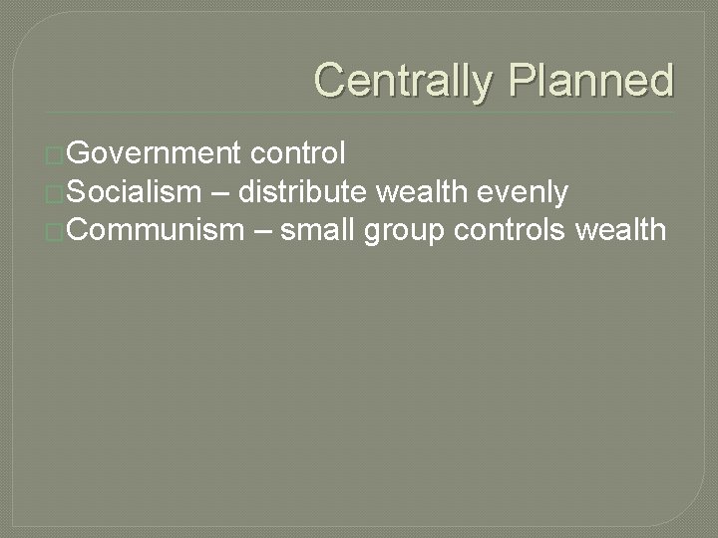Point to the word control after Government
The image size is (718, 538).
pyautogui.click(x=299, y=153)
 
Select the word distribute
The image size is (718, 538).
pyautogui.click(x=312, y=192)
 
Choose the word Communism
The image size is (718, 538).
pyautogui.click(x=158, y=231)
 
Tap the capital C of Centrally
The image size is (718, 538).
pyautogui.click(x=331, y=80)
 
